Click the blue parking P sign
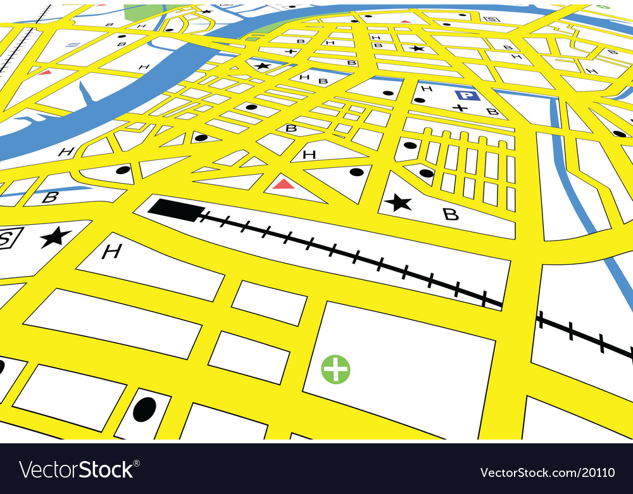467,96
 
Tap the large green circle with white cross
335,369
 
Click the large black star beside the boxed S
56,237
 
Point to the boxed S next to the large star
9,238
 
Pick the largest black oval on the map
144,409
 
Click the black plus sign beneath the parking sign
460,108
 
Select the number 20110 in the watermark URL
601,472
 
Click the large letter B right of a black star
450,214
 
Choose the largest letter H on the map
111,252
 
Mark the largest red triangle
284,184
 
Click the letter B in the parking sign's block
491,111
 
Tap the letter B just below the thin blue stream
49,197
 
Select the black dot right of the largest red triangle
356,172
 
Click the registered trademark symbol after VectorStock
137,462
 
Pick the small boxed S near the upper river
489,19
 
